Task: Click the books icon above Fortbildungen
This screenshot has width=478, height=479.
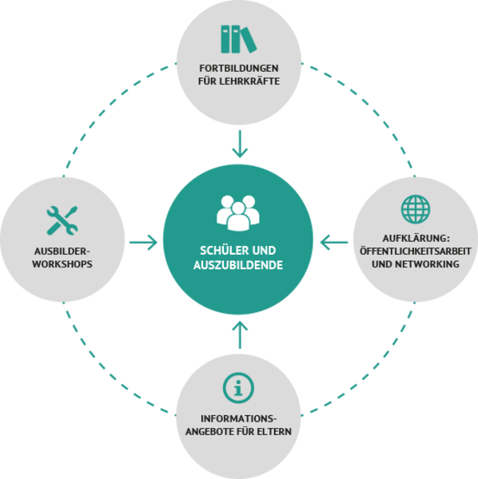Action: tap(239, 39)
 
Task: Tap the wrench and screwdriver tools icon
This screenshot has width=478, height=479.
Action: tap(62, 220)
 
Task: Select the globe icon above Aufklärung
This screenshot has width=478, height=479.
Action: tap(416, 209)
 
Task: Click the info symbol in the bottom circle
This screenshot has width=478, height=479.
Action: tap(238, 388)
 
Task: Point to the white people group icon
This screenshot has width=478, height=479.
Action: tap(238, 213)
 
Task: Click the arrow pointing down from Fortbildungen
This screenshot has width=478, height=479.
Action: tap(240, 144)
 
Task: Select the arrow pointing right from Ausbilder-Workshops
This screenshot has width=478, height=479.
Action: tap(143, 243)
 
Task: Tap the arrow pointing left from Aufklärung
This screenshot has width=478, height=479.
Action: tap(334, 243)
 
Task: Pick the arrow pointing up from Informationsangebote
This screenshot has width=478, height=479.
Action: tap(240, 335)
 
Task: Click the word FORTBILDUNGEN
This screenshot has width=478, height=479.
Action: tap(239, 68)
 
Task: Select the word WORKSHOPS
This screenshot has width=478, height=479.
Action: tap(62, 264)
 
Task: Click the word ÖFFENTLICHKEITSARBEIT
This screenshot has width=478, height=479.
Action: tap(416, 251)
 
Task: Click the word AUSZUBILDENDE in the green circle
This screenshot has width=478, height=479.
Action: tap(238, 265)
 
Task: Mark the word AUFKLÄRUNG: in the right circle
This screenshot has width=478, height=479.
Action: tap(416, 238)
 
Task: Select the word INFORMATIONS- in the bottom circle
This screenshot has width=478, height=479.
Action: tap(238, 418)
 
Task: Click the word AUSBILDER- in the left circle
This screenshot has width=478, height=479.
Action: tap(62, 251)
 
